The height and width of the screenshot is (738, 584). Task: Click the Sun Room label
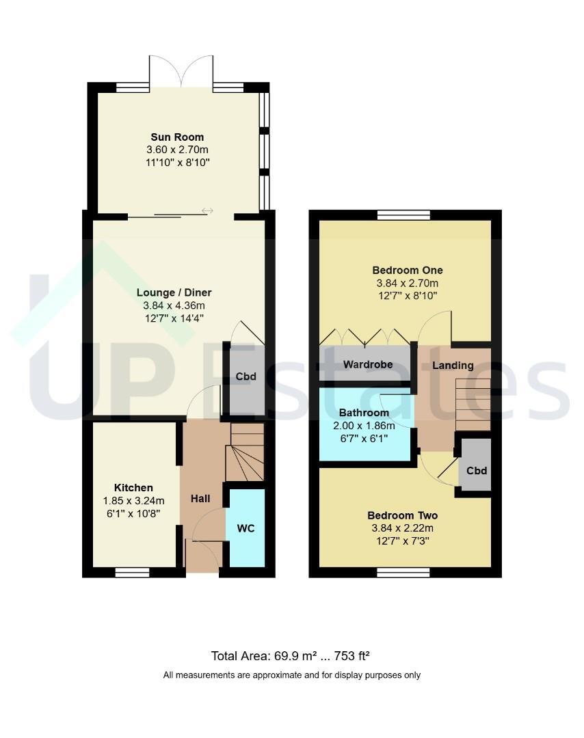[177, 137]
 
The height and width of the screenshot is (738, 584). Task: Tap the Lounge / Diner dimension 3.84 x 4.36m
[174, 305]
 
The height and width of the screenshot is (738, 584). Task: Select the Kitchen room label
[133, 488]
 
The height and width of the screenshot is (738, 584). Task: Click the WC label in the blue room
[246, 528]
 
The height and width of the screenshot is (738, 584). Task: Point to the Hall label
[200, 498]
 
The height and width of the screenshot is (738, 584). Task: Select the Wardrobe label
[368, 364]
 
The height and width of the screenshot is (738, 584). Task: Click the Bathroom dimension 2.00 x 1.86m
[364, 426]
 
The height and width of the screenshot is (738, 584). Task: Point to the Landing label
[453, 365]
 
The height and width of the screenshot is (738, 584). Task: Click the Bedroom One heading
[408, 270]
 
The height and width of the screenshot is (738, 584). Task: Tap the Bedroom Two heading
[403, 515]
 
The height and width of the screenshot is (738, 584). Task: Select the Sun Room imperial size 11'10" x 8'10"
[178, 163]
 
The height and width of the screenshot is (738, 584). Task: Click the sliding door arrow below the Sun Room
[208, 210]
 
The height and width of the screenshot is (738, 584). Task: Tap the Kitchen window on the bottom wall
[133, 573]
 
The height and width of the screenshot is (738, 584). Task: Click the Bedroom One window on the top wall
[403, 215]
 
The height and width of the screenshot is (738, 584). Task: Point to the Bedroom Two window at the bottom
[403, 573]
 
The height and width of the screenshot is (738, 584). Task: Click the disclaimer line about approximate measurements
[292, 675]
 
